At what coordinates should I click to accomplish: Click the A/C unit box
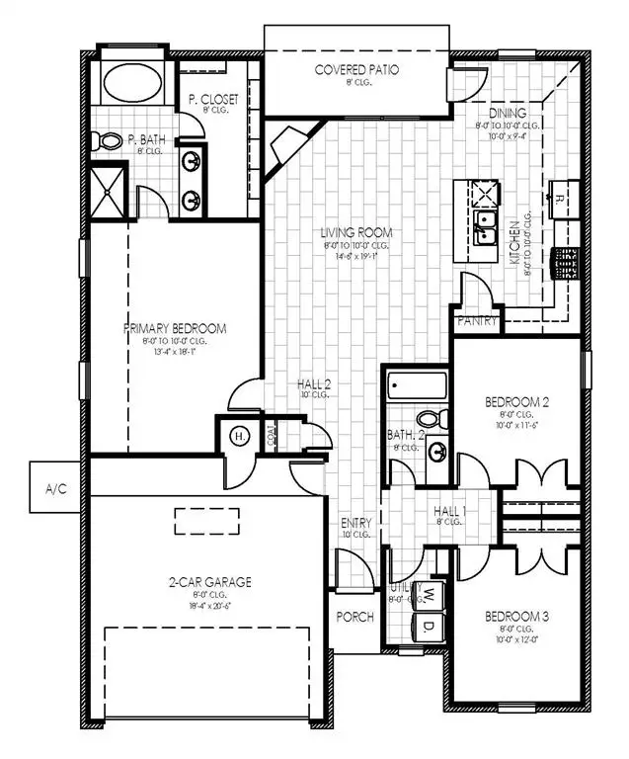pos(56,487)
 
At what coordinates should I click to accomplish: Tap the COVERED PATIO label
pos(356,69)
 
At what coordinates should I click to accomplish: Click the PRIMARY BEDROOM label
pos(175,328)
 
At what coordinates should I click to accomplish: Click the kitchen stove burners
pos(567,264)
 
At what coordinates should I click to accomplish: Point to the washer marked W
pos(430,595)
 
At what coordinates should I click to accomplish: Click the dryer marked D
pos(430,626)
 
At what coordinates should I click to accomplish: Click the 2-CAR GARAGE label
pos(208,582)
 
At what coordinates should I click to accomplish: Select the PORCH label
pos(355,617)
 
